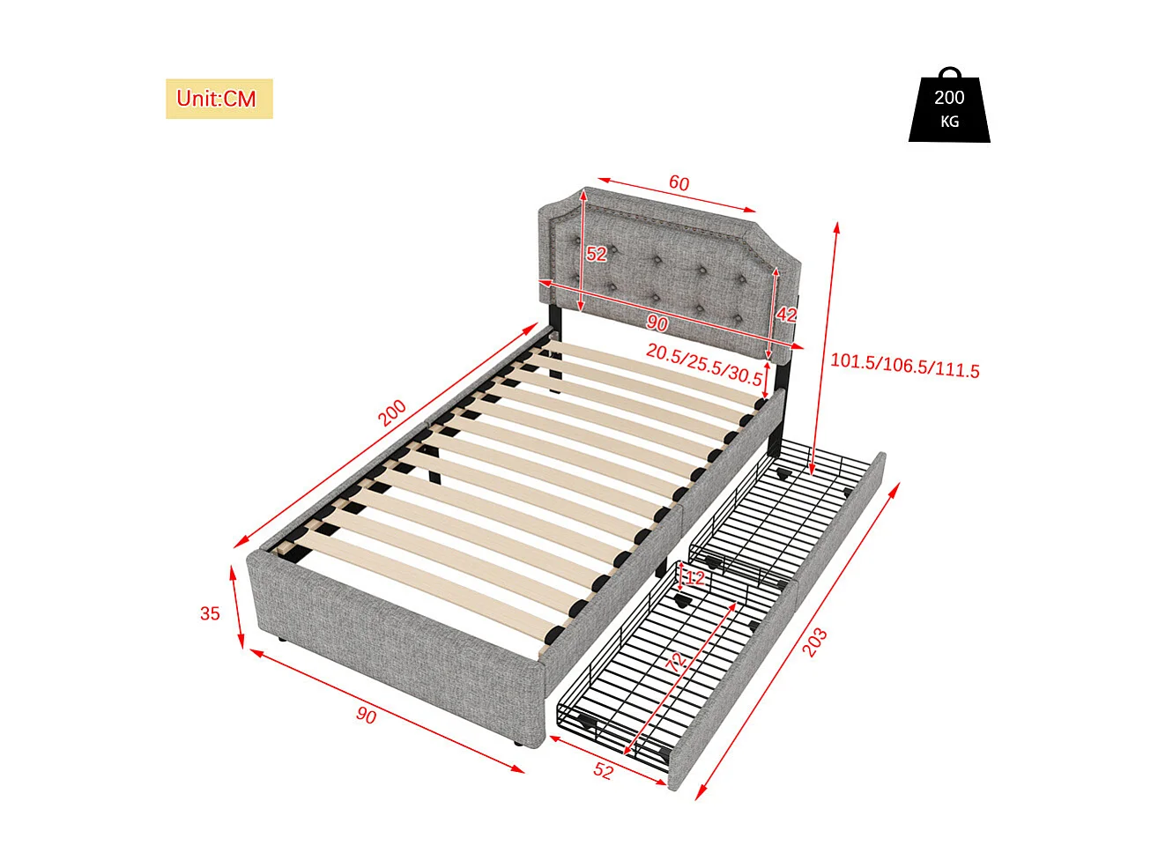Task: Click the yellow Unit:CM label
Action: coord(219,99)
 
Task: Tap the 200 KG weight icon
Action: coord(949,108)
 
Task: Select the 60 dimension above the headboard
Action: coord(679,183)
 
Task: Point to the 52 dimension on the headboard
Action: coord(597,254)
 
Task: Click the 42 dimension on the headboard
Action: coord(786,315)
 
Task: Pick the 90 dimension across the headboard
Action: coord(657,323)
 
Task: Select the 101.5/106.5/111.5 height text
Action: coord(904,365)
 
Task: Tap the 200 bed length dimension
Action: coord(392,412)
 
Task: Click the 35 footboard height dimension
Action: coord(210,613)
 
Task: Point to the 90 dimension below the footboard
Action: coord(366,715)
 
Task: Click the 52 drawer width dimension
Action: coord(603,770)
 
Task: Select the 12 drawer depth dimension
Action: coord(695,578)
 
